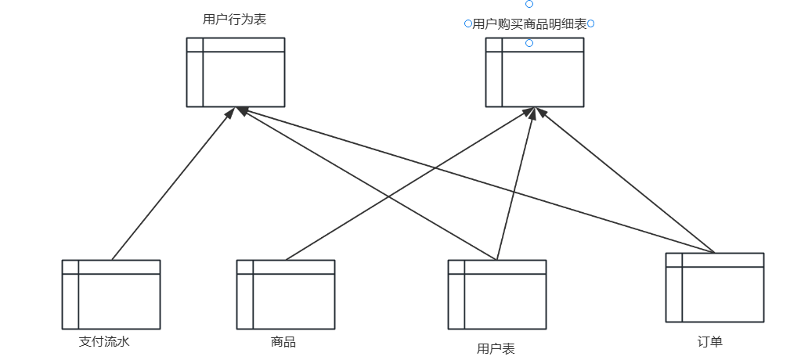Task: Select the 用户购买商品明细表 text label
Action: point(529,24)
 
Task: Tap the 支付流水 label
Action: point(110,341)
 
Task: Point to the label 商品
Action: point(283,341)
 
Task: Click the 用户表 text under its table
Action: point(496,349)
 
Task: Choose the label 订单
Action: point(709,341)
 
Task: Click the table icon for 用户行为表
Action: point(236,72)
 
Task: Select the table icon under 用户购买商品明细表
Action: point(535,72)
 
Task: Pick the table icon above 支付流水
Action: point(111,294)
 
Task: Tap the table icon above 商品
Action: point(286,294)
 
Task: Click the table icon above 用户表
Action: point(497,294)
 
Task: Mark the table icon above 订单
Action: point(715,287)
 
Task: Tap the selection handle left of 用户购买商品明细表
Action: point(467,24)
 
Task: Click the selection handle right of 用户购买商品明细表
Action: point(591,24)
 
